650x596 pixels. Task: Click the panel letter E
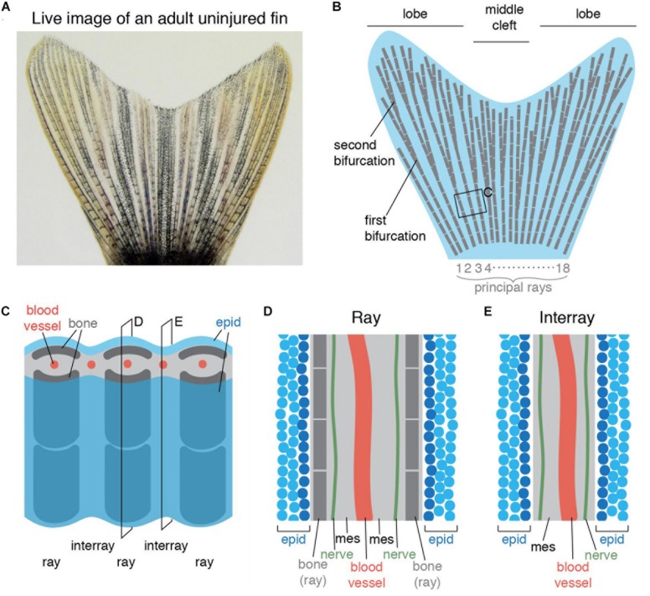[x=500, y=311]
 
